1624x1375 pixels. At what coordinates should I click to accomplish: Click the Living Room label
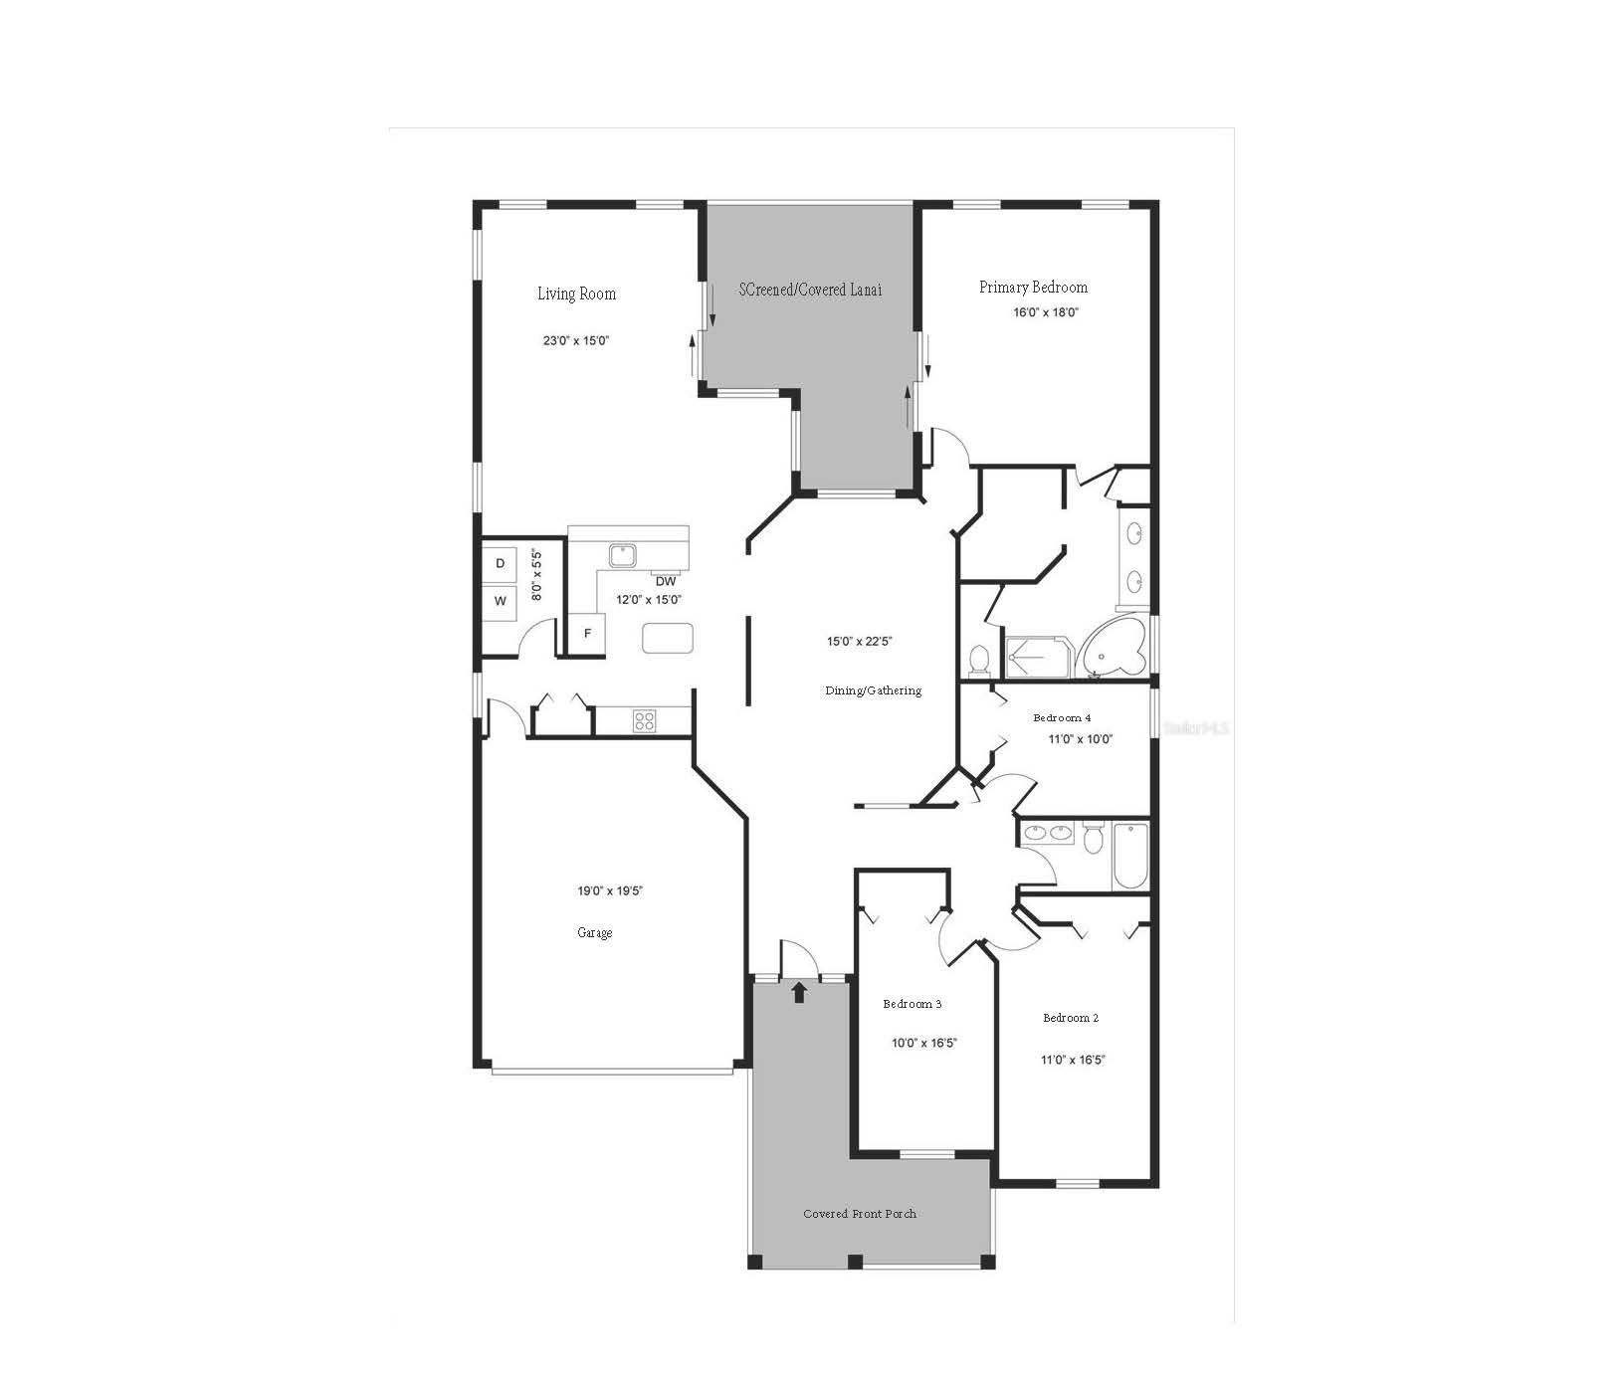[576, 294]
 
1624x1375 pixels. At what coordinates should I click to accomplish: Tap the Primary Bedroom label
[1033, 288]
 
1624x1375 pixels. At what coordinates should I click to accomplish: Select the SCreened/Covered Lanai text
[810, 290]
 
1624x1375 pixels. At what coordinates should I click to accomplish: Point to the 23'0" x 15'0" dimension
[576, 340]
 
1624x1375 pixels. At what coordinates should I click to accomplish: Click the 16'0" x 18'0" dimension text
[1046, 312]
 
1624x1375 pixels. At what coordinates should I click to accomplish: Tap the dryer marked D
[501, 564]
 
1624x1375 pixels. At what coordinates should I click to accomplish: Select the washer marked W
[501, 602]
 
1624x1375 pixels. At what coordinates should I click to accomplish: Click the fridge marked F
[587, 634]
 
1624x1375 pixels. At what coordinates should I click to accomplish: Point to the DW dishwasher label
[666, 581]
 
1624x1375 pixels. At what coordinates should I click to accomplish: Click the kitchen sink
[624, 554]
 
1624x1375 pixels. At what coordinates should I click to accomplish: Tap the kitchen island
[667, 638]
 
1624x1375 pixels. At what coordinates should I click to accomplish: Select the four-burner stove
[644, 720]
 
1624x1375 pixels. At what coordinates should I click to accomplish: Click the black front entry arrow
[798, 992]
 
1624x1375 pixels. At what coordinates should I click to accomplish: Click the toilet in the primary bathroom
[978, 659]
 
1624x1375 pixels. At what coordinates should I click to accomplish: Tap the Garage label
[594, 933]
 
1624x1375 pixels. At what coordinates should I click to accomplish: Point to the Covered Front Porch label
[860, 1214]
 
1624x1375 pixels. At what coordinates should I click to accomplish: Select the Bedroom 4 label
[1062, 717]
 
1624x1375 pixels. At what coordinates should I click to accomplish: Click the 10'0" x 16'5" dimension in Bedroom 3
[923, 1044]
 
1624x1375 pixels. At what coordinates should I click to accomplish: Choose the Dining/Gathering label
[873, 690]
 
